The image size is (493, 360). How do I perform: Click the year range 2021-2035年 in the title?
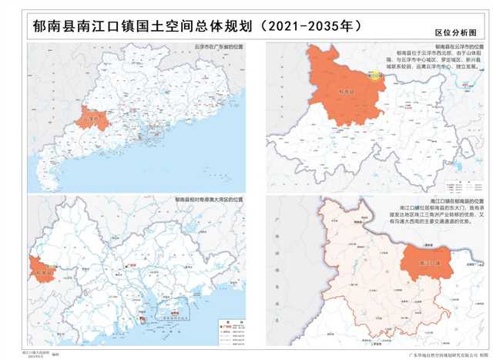313,25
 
